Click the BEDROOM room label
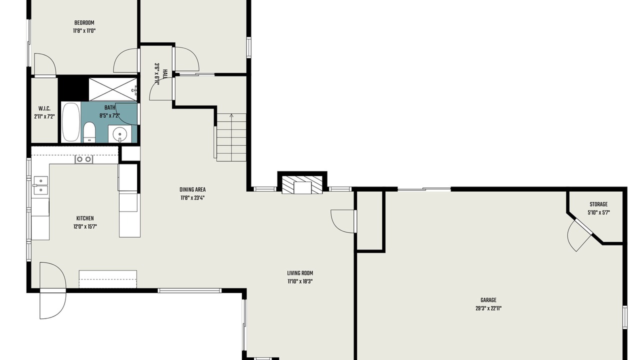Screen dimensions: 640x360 [84, 23]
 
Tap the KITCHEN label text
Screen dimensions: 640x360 [85, 218]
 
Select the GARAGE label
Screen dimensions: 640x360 [488, 300]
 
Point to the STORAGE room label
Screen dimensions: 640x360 [598, 204]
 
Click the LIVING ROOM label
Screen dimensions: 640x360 [300, 273]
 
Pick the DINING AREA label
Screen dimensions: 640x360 [192, 189]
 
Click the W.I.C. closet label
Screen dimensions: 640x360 [44, 108]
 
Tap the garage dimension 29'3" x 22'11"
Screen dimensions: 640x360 [488, 308]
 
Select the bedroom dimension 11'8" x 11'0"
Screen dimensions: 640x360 [84, 31]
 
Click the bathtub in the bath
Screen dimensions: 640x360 [71, 122]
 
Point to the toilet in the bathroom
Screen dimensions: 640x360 [89, 132]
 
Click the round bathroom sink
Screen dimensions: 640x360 [119, 133]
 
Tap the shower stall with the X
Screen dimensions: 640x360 [113, 89]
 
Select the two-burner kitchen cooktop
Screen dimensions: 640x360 [83, 159]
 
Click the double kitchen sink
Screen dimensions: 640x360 [41, 185]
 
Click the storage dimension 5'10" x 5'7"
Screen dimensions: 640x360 [598, 213]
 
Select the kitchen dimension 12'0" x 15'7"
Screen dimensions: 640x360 [85, 227]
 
